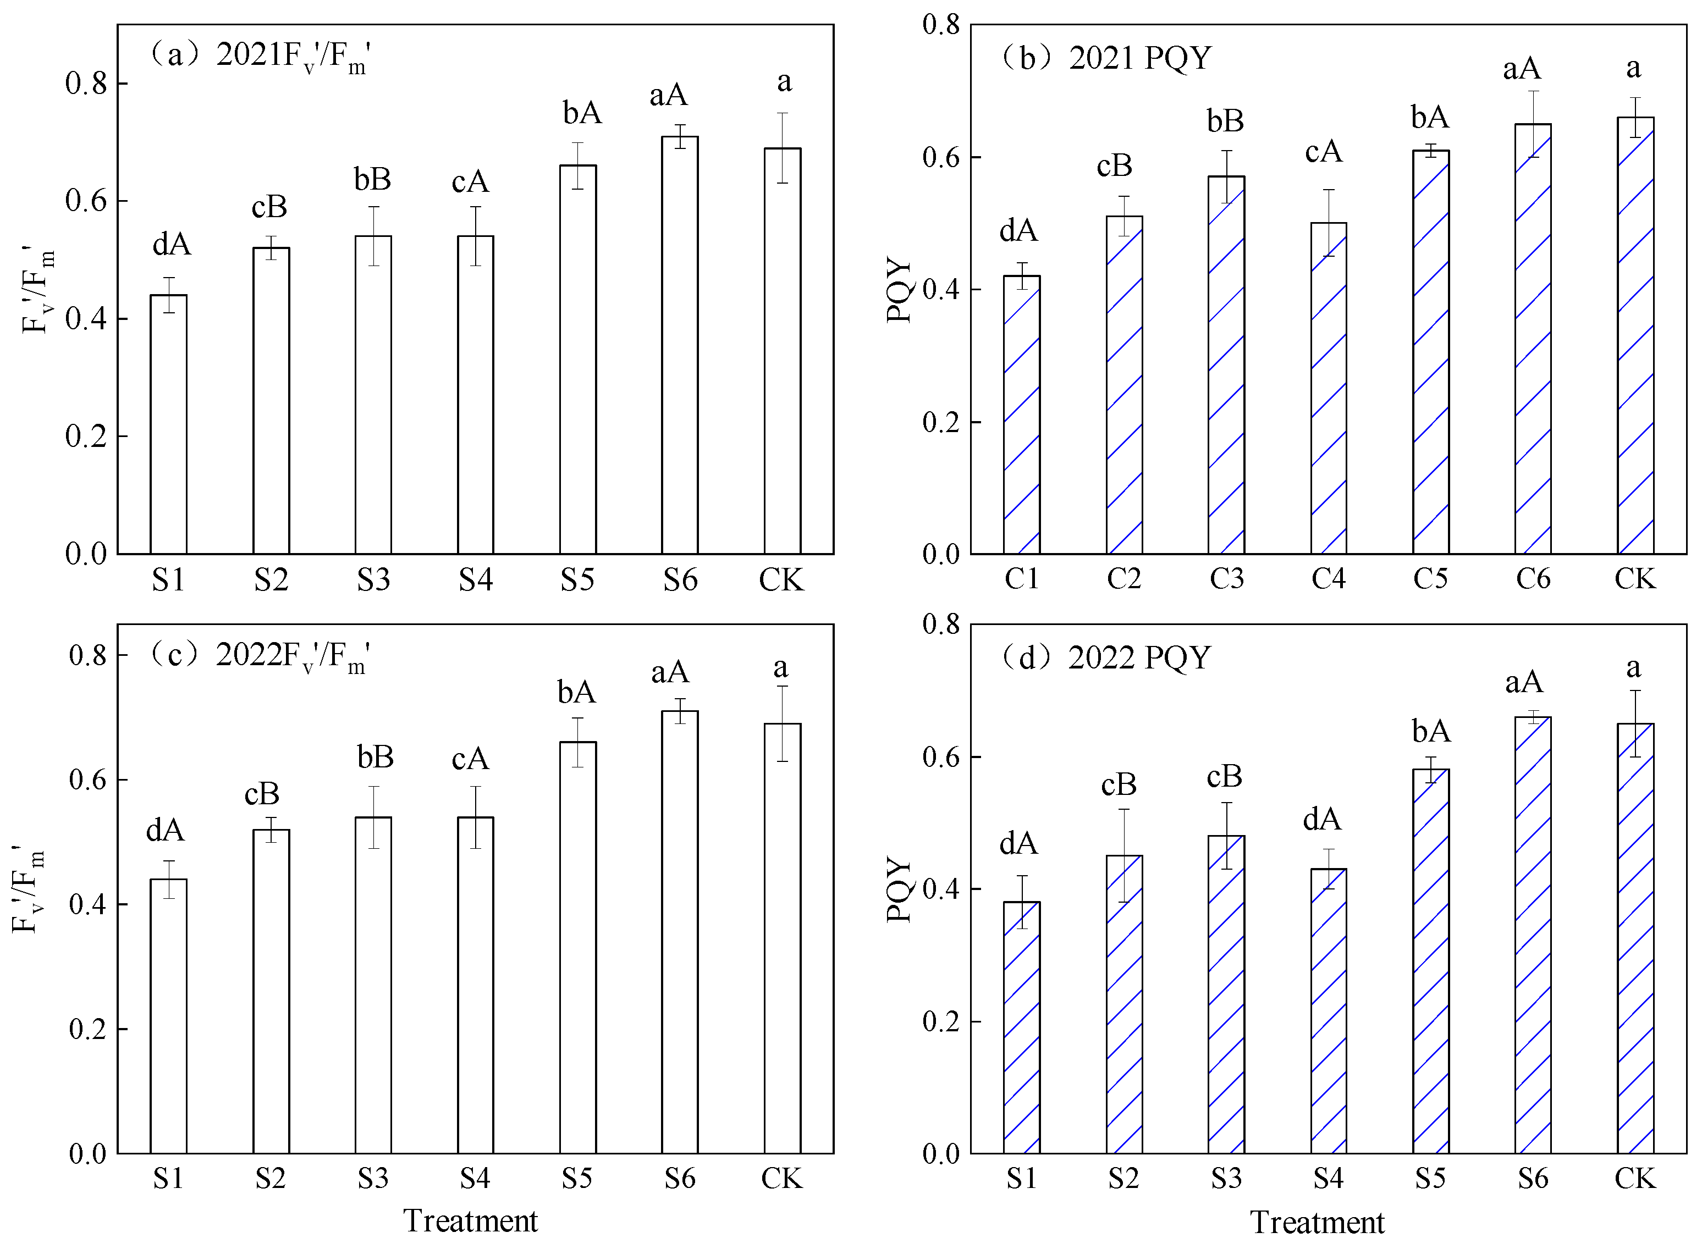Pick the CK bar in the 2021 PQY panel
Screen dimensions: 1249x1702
1635,336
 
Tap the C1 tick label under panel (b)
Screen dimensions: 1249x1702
1022,579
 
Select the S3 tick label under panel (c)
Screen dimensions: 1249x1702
373,1178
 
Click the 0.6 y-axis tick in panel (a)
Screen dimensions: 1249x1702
85,201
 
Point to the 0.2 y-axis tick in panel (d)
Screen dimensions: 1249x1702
940,1021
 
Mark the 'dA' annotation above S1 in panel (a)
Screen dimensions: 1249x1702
172,244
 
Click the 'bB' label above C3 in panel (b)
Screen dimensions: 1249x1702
1225,121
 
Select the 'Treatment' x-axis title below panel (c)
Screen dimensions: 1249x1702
470,1221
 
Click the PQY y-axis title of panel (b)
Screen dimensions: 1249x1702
900,290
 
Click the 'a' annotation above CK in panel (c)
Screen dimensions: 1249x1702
781,667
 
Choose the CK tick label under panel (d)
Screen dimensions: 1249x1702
1635,1178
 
